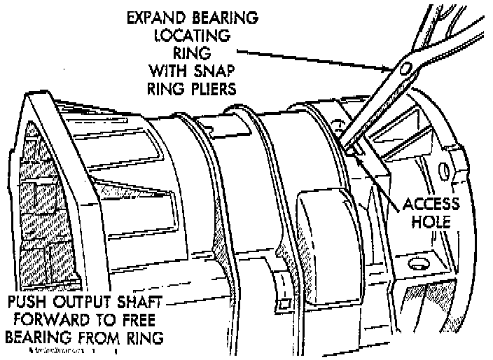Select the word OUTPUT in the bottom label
pos(86,305)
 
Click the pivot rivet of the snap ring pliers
pos(407,68)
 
